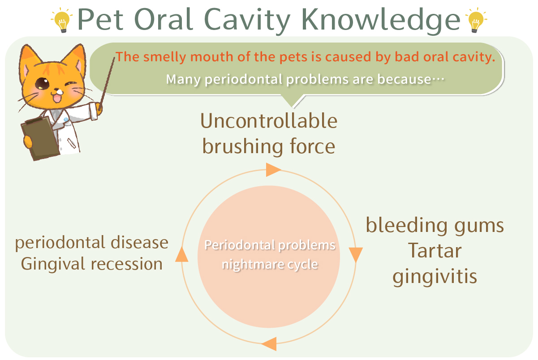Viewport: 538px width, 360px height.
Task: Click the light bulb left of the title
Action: (62, 20)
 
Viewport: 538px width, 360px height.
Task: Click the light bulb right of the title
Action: (476, 20)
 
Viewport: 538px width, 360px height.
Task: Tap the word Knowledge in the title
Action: (381, 21)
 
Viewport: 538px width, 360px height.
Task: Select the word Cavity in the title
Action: (247, 21)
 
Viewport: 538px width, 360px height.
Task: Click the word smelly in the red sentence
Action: (164, 57)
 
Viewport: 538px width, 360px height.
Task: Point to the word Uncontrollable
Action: (269, 121)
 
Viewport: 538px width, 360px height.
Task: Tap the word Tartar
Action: (435, 251)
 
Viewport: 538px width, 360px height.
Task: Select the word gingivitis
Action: (435, 277)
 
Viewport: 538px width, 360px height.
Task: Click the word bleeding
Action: (406, 226)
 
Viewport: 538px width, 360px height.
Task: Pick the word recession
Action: (127, 264)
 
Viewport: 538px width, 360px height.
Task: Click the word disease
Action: (139, 242)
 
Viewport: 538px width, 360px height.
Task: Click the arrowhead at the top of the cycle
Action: (273, 170)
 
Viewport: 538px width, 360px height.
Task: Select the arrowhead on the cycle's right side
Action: (356, 255)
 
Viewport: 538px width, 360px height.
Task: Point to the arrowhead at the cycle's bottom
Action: (269, 344)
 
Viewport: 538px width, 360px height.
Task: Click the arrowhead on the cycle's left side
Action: (182, 254)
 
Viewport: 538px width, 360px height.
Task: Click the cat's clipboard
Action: (40, 139)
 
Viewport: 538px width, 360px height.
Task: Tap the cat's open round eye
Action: (42, 84)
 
